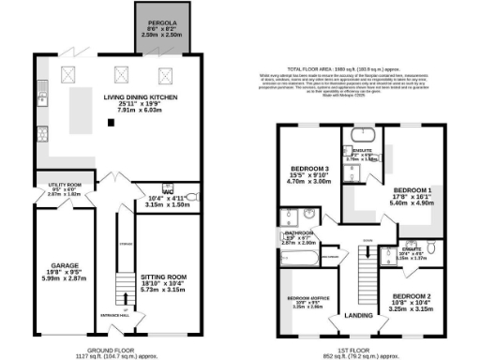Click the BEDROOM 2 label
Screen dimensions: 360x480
tap(407, 297)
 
